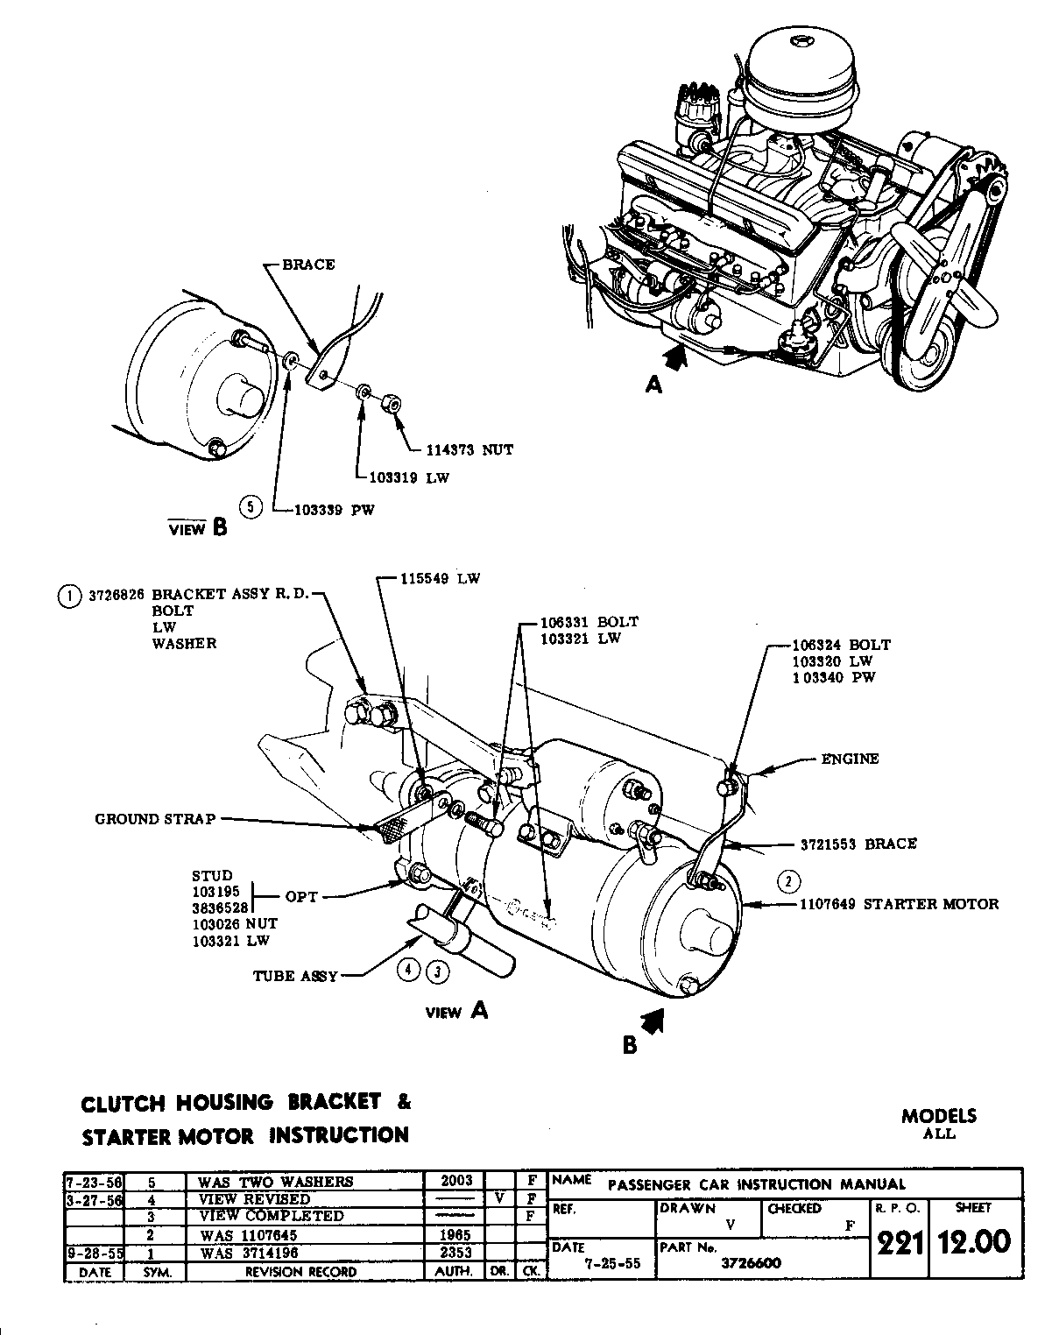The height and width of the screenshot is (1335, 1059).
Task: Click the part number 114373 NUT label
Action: tap(469, 449)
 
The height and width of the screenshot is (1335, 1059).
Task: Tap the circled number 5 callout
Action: tap(251, 506)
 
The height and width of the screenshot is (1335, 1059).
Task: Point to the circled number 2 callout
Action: tap(788, 880)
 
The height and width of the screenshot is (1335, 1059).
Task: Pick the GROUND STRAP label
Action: tap(154, 819)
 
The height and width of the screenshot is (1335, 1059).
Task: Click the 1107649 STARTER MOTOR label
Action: tap(899, 903)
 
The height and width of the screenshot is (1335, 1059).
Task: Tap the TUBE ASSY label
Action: tap(295, 975)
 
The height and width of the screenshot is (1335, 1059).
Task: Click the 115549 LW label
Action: tap(441, 579)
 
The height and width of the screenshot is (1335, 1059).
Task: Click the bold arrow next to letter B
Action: tap(653, 1020)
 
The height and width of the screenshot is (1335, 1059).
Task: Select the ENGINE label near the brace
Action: tap(849, 759)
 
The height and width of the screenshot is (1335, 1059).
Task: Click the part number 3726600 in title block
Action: tap(751, 1263)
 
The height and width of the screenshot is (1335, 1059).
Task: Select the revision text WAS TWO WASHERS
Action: tap(275, 1182)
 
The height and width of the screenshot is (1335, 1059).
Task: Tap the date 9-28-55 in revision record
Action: tap(93, 1253)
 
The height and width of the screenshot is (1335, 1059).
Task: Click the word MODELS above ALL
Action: tap(938, 1116)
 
